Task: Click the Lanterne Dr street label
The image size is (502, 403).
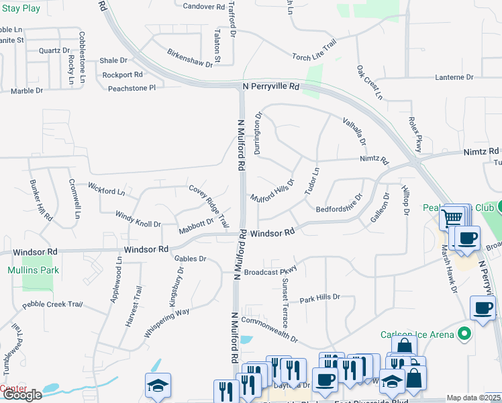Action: pos(454,77)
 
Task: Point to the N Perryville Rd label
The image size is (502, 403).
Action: pos(270,87)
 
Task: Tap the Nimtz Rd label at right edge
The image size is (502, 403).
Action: pos(481,152)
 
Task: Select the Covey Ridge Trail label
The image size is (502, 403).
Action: pos(209,206)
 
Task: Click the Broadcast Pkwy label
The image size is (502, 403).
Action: pos(270,272)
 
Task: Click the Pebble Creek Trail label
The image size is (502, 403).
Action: pos(52,304)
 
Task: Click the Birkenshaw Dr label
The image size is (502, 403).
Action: pos(190,58)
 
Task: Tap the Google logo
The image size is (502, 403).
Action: pos(21,394)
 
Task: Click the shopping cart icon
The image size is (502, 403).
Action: pos(452,218)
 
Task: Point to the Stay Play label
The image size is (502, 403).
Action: pos(20,9)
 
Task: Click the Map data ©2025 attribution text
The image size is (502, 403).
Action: pos(474,398)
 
